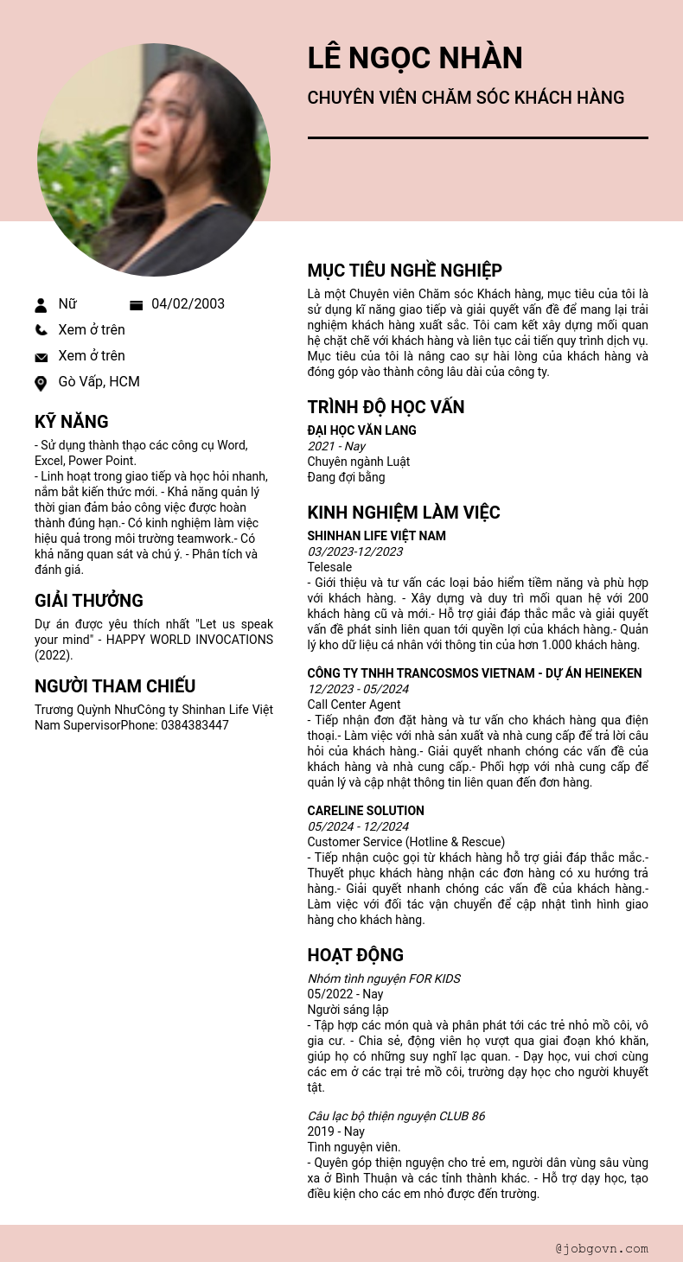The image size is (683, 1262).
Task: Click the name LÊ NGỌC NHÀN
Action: click(415, 58)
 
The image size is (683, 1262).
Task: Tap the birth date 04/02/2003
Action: click(188, 303)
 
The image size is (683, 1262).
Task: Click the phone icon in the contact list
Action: click(41, 329)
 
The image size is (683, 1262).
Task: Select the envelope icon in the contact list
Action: click(41, 357)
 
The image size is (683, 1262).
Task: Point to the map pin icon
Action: click(41, 383)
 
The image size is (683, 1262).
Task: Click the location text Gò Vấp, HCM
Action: click(99, 381)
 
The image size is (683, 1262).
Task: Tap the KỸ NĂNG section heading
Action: click(72, 422)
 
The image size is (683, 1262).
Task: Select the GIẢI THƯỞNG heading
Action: click(89, 601)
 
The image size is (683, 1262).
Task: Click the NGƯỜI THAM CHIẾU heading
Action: click(115, 686)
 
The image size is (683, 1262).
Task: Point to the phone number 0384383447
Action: click(195, 725)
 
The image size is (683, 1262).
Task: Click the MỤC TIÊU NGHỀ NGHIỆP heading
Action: click(405, 271)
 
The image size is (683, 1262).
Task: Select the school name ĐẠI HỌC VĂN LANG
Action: click(361, 430)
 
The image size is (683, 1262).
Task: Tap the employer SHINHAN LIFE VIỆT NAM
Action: click(376, 536)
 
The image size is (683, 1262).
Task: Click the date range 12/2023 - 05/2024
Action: click(358, 689)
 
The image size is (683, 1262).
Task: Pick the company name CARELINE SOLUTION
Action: click(366, 811)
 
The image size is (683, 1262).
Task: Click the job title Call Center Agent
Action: click(354, 704)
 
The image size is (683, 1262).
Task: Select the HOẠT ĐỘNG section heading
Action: click(355, 955)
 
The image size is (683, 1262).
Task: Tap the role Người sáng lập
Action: click(348, 1010)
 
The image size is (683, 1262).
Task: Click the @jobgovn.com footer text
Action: click(602, 1248)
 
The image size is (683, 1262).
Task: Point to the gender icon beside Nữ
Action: click(41, 304)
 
